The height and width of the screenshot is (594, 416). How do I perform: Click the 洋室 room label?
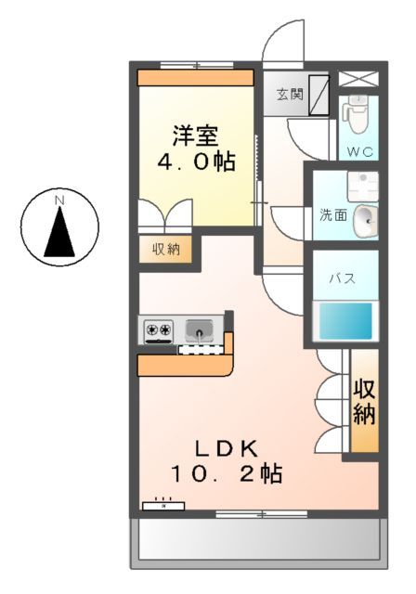tap(194, 134)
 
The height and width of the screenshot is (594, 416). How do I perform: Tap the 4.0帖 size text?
tap(194, 161)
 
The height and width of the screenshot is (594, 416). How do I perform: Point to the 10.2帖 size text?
tap(226, 473)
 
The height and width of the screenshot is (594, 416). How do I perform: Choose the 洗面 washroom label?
tap(333, 215)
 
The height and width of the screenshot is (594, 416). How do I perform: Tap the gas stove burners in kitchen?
tap(157, 329)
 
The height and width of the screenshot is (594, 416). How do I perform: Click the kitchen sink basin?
tap(199, 329)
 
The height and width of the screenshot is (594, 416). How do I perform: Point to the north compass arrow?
tap(60, 232)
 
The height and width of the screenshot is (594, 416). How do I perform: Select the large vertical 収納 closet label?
tap(363, 402)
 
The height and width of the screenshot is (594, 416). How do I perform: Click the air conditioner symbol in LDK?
tap(163, 507)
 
